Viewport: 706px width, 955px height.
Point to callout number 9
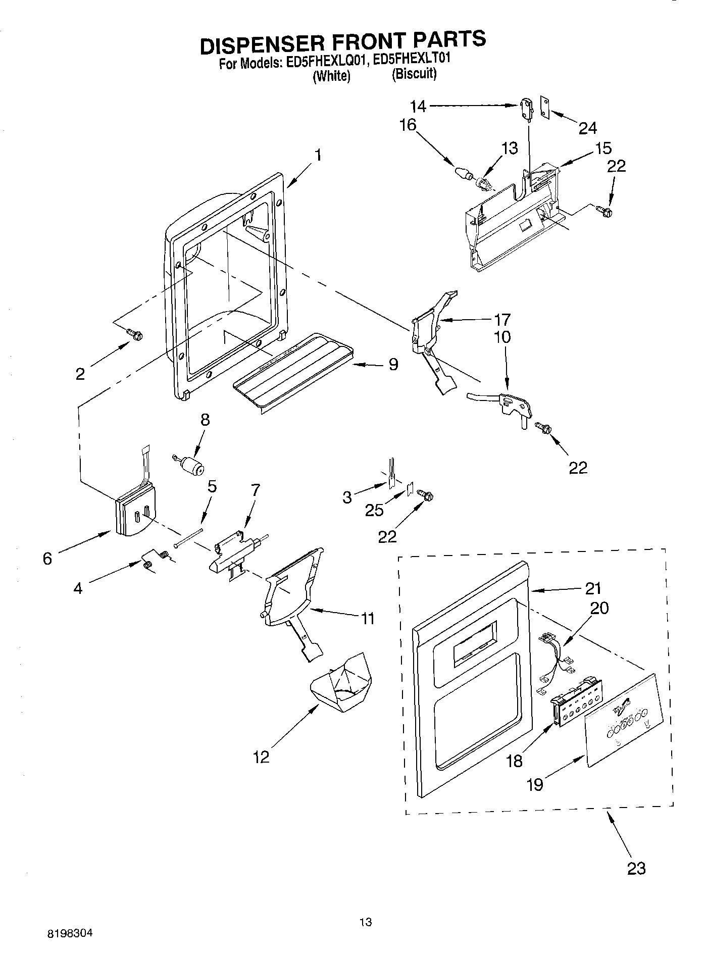(393, 364)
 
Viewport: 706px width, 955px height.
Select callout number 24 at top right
(587, 128)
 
